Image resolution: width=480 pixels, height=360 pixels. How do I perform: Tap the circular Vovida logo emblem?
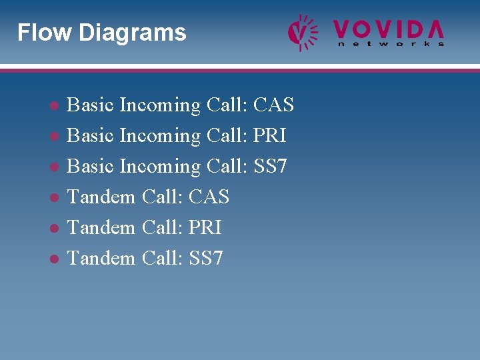[302, 32]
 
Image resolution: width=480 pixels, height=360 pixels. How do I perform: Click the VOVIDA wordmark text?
[389, 29]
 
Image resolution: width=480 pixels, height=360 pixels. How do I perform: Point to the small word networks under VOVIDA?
[391, 44]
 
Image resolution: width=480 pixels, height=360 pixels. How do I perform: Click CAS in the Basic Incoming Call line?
[273, 105]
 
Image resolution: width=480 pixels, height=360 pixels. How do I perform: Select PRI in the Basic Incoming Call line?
[270, 136]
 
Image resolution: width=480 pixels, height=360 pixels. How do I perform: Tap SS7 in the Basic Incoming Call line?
[270, 167]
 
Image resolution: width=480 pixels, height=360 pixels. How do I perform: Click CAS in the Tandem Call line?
[209, 197]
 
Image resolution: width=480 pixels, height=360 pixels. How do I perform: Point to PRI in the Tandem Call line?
[205, 228]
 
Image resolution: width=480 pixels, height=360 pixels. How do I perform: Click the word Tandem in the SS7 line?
[101, 259]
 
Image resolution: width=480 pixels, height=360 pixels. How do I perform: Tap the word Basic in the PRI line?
[91, 136]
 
